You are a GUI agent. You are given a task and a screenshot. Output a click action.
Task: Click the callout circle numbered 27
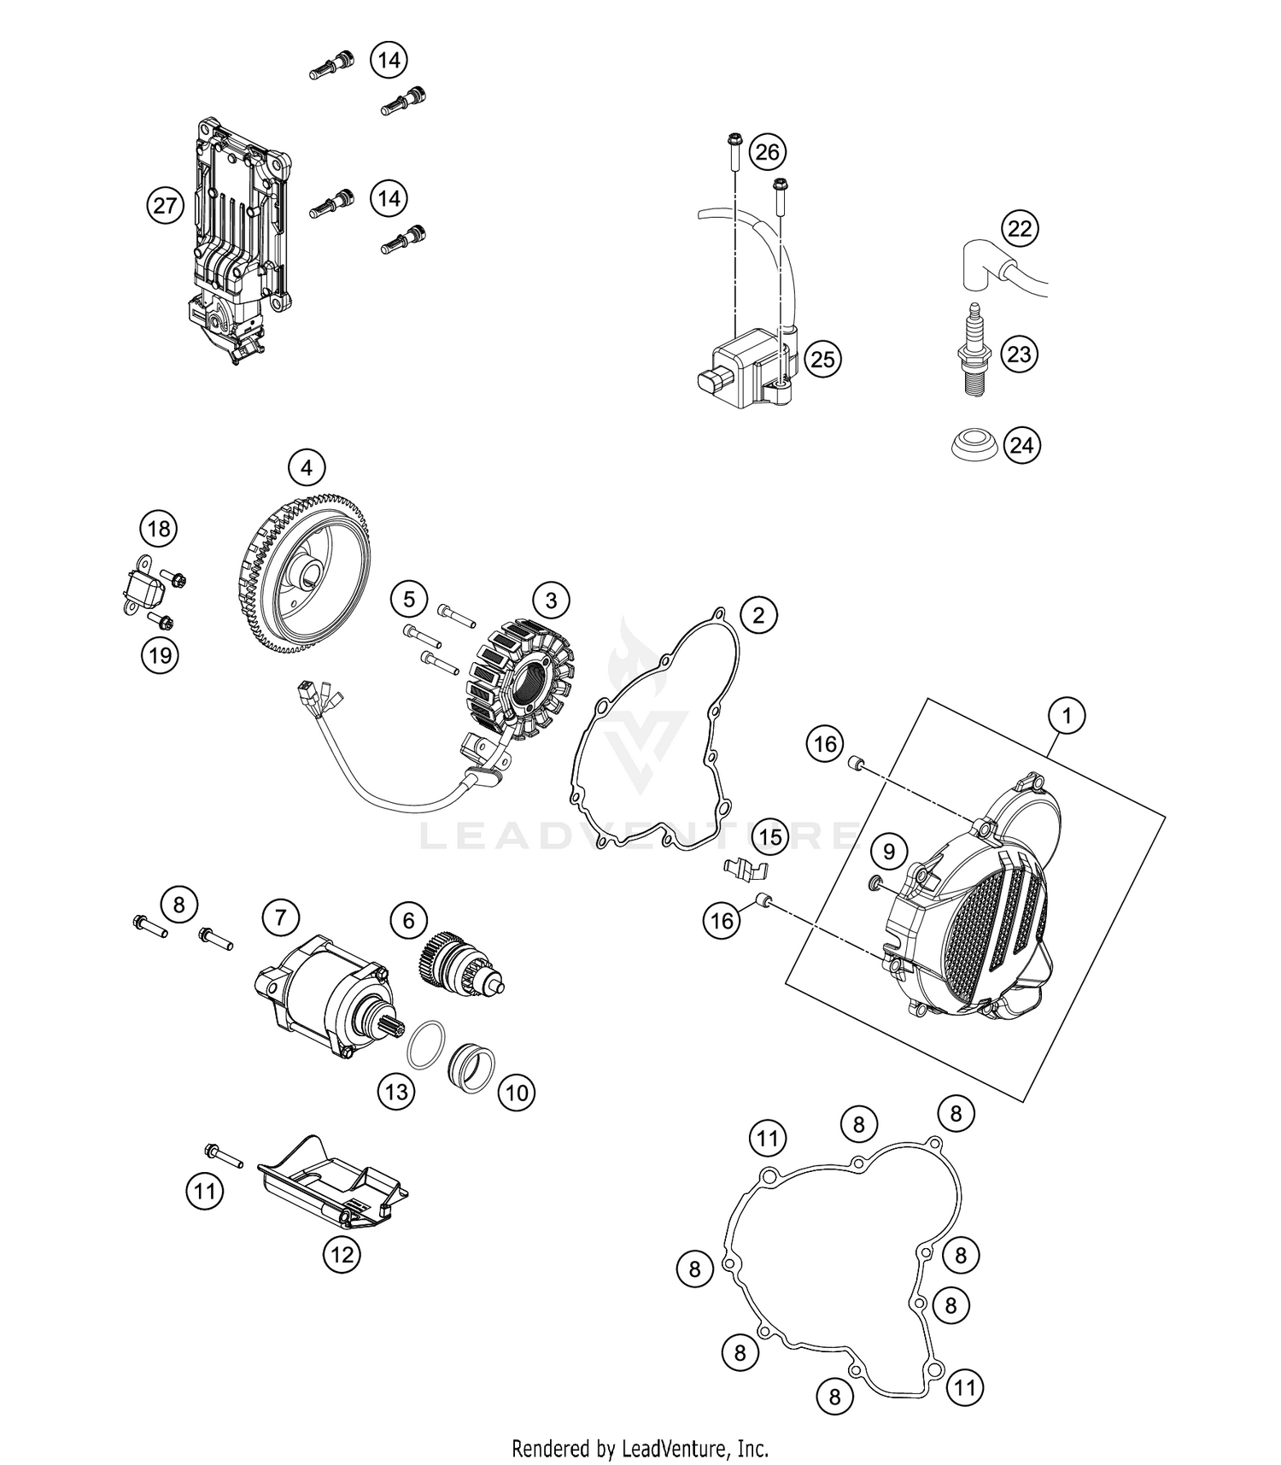[x=165, y=205]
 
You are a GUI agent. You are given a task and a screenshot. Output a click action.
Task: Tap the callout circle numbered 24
[x=1021, y=445]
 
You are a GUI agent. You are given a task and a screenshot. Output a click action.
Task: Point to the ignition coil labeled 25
[x=743, y=366]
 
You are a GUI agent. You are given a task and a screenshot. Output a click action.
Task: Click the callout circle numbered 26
[x=767, y=152]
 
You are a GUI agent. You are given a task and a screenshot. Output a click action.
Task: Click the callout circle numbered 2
[x=758, y=614]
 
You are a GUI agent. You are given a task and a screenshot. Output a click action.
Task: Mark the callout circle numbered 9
[x=888, y=851]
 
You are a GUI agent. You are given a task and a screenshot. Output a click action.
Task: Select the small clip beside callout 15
[x=742, y=869]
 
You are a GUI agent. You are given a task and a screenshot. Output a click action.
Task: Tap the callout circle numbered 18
[x=159, y=529]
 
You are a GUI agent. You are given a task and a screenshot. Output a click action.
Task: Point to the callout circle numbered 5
[x=409, y=600]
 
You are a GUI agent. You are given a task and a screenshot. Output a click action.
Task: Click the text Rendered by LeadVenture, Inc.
[x=640, y=1448]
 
